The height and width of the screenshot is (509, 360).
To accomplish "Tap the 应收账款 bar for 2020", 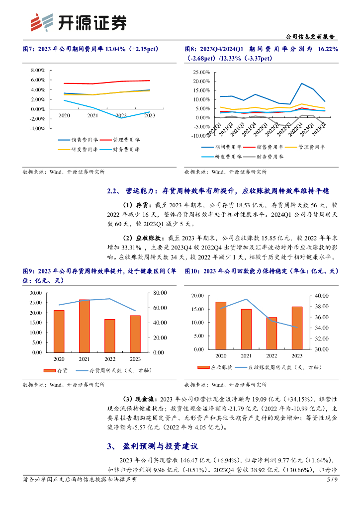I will [x=221, y=325].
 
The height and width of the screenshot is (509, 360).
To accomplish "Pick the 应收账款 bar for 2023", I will [x=297, y=328].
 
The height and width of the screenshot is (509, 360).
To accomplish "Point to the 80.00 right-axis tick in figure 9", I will [x=159, y=292].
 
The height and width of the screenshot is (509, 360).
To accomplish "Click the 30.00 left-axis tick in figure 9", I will [x=36, y=292].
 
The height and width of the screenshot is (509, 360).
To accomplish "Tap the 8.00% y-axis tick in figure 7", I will [x=38, y=70].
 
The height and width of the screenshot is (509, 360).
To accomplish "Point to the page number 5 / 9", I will [x=332, y=480].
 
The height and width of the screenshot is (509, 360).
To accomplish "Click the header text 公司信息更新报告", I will [x=312, y=37].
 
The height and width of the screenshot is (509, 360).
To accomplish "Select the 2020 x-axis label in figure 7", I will [x=64, y=115].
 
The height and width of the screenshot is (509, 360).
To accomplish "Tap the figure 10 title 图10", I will [x=193, y=271].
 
